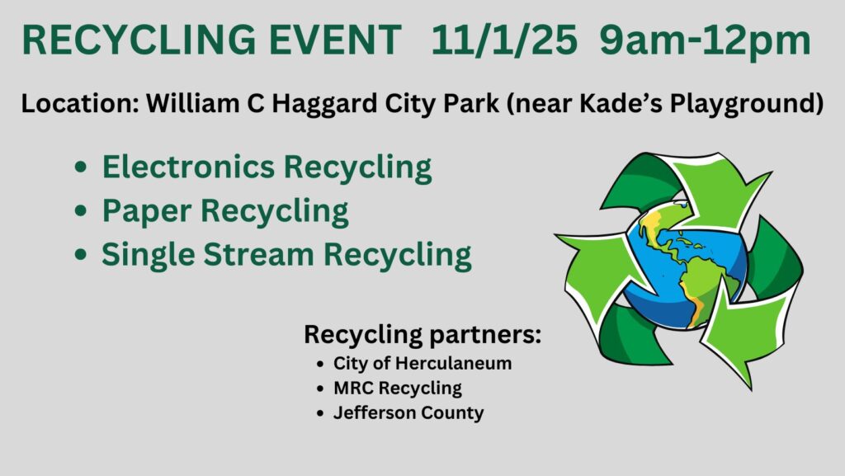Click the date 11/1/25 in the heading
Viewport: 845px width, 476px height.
pyautogui.click(x=503, y=40)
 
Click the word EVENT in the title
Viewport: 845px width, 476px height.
pyautogui.click(x=335, y=40)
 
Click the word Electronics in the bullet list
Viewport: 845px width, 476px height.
pyautogui.click(x=189, y=167)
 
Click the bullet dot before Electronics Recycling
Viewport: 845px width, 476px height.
pyautogui.click(x=81, y=167)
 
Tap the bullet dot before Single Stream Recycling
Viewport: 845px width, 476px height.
pyautogui.click(x=81, y=254)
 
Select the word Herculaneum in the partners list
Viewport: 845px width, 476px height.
pyautogui.click(x=453, y=364)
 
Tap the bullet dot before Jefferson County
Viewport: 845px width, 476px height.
pyautogui.click(x=321, y=413)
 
